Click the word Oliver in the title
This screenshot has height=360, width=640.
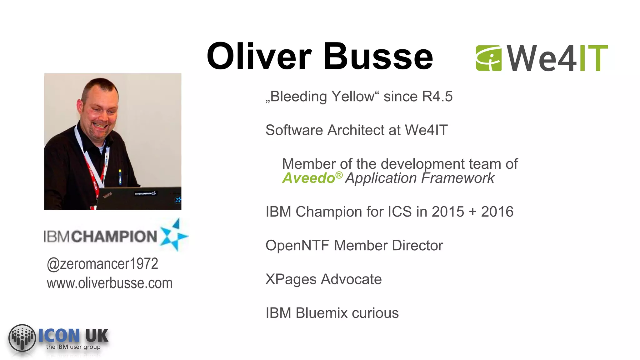[259, 57]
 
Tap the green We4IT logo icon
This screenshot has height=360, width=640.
[488, 58]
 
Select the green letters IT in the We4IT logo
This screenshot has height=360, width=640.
[593, 58]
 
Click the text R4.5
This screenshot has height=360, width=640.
[437, 97]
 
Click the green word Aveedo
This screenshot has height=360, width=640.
[308, 178]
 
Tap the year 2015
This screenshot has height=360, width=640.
[448, 212]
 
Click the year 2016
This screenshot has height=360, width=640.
[497, 212]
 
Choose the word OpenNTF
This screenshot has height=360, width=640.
[297, 246]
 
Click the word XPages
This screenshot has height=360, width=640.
[291, 279]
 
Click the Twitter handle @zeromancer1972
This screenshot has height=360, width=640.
[102, 264]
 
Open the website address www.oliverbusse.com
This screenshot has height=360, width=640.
[109, 283]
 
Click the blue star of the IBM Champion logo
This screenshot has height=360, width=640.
[174, 235]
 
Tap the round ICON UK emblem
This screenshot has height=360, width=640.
[22, 338]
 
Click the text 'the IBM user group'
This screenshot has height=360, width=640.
[73, 347]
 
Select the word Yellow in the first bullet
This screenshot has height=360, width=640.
[353, 97]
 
